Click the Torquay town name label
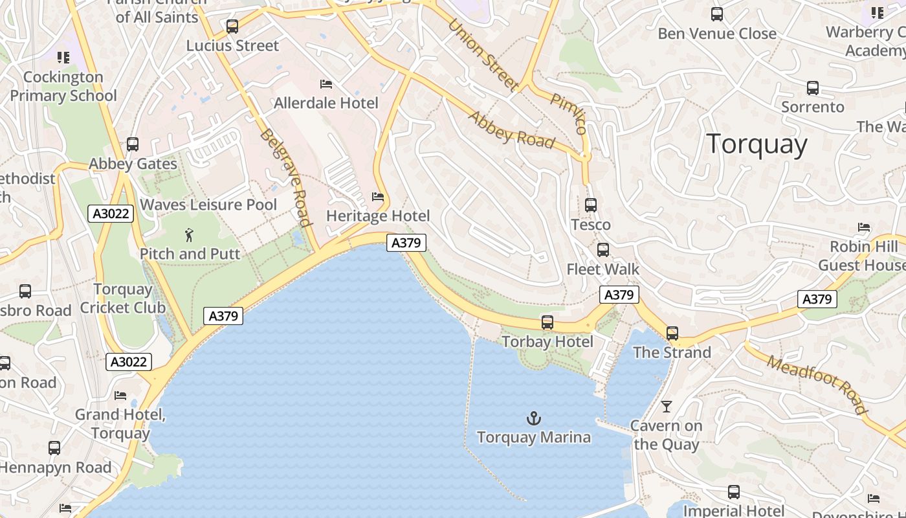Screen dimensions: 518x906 click(757, 144)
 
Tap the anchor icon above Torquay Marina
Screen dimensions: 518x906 click(534, 418)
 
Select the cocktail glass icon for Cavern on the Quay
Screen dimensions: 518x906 click(667, 407)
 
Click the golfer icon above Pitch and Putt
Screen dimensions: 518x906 click(189, 235)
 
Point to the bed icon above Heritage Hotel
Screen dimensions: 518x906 click(378, 197)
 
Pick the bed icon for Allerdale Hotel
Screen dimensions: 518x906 click(326, 84)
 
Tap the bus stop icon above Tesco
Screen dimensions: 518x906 click(590, 205)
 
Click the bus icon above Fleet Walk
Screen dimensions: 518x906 click(603, 250)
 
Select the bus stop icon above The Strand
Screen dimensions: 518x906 click(672, 333)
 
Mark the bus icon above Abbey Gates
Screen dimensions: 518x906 click(133, 144)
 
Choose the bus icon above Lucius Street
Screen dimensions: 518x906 click(232, 27)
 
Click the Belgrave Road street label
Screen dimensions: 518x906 click(285, 177)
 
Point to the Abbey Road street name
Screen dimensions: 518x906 click(511, 129)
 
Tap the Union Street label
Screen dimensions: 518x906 click(483, 54)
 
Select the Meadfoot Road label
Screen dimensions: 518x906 click(817, 384)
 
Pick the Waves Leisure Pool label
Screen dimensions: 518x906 click(208, 205)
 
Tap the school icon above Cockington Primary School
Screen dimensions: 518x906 click(63, 58)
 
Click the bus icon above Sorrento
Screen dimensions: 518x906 click(813, 88)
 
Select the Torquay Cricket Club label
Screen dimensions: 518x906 click(123, 298)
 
